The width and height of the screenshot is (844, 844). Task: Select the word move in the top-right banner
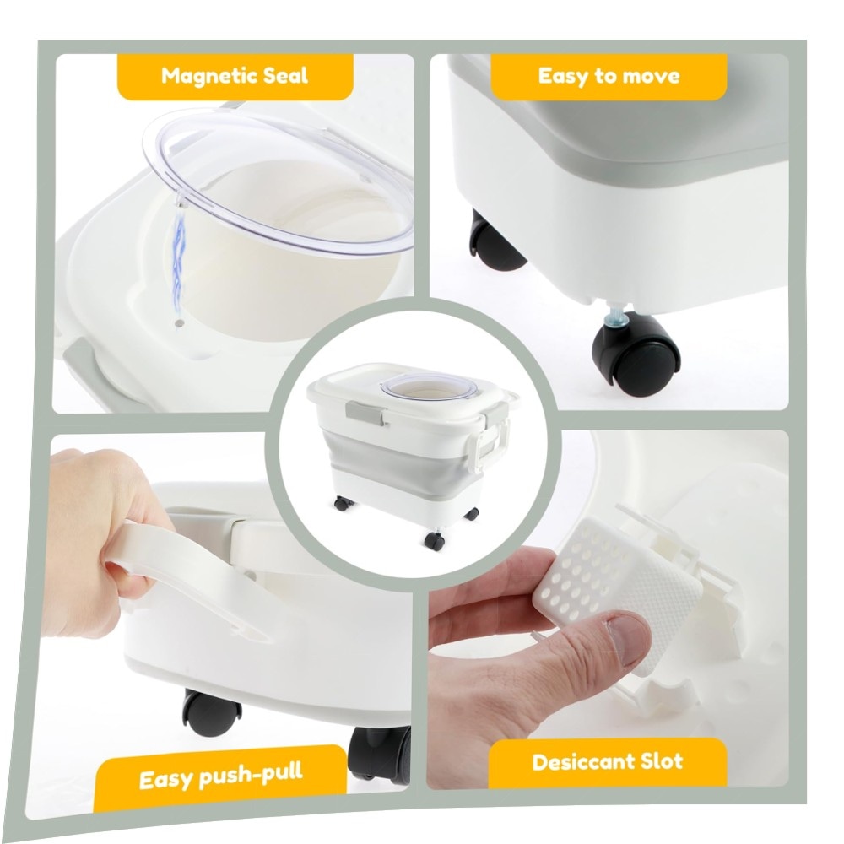651,77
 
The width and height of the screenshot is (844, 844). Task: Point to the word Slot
661,761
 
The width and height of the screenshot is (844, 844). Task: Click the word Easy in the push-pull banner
165,779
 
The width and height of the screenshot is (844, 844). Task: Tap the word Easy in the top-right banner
563,77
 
